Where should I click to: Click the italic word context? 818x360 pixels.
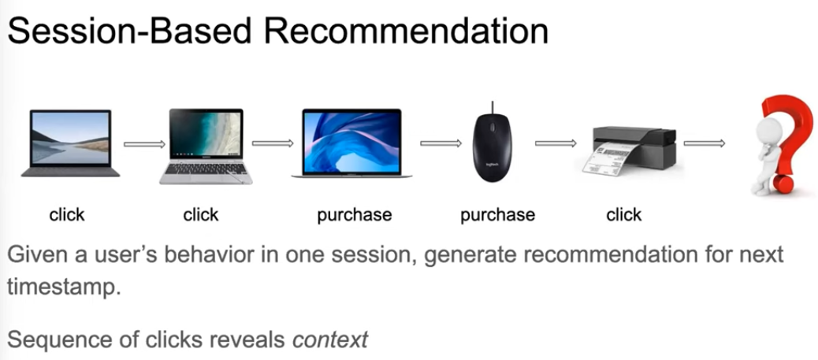click(330, 340)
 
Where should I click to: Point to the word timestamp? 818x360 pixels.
click(63, 286)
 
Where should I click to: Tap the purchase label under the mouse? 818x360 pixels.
click(498, 214)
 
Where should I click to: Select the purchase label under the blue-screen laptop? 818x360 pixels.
click(354, 214)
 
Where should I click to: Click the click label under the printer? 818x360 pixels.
click(623, 214)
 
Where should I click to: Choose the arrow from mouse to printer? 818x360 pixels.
click(556, 143)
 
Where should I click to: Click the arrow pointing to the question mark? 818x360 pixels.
click(705, 143)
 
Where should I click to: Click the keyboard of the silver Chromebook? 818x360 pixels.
click(206, 169)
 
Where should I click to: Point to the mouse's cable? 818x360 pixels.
click(492, 107)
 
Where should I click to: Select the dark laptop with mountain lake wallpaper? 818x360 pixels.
click(70, 143)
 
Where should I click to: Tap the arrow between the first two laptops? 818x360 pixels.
click(144, 144)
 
